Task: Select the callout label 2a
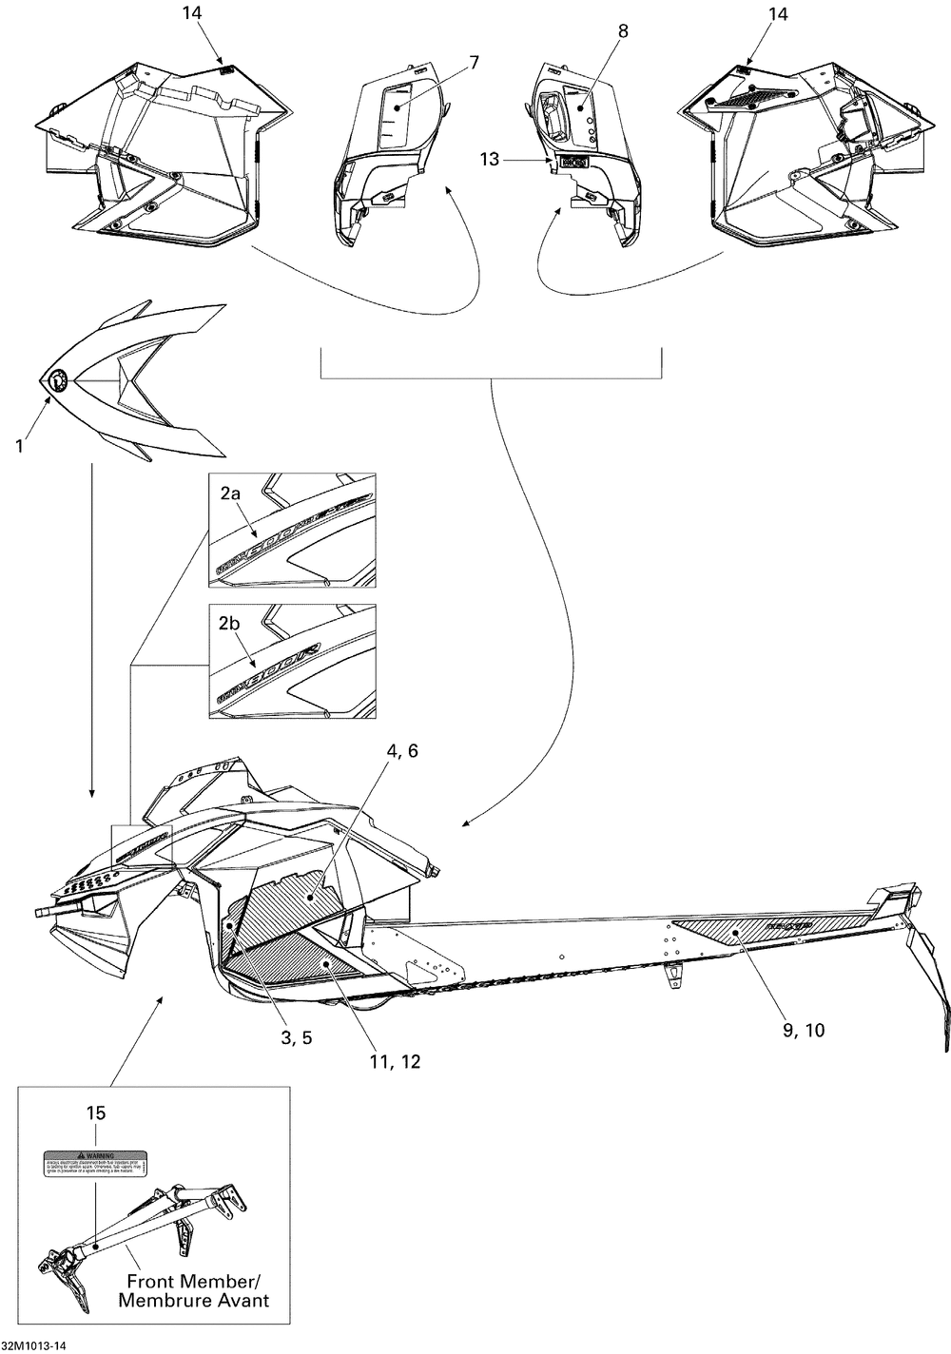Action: pos(231,493)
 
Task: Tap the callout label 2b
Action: pos(231,625)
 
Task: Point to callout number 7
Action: pos(473,63)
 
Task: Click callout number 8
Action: pos(623,31)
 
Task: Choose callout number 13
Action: pos(489,160)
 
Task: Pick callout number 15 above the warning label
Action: pos(96,1112)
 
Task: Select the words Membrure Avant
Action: pos(193,1300)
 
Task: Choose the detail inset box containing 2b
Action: pos(292,661)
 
